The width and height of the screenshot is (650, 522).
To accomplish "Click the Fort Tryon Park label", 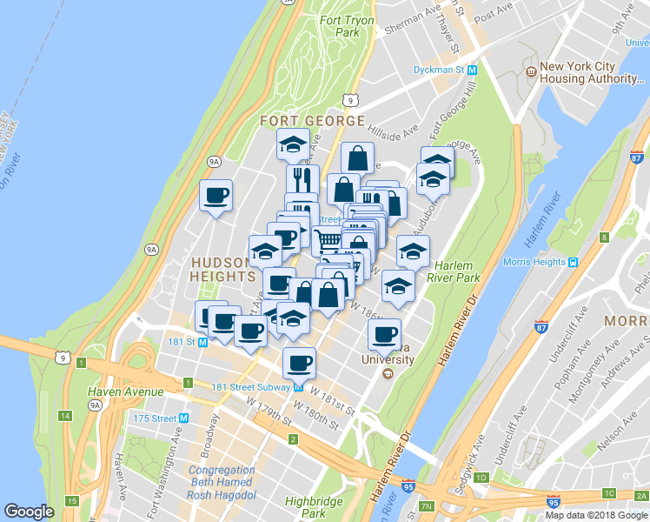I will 347,26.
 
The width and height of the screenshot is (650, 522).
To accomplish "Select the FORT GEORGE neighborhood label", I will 310,120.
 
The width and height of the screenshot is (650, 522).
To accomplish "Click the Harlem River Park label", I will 457,271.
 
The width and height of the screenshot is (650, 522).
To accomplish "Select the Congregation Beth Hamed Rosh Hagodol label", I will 222,482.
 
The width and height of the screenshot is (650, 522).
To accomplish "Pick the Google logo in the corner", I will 30,512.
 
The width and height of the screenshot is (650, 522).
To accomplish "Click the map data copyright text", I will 596,515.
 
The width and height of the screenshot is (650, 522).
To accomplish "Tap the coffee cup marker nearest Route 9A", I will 216,195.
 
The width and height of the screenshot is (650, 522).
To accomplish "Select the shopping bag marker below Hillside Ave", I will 356,157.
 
